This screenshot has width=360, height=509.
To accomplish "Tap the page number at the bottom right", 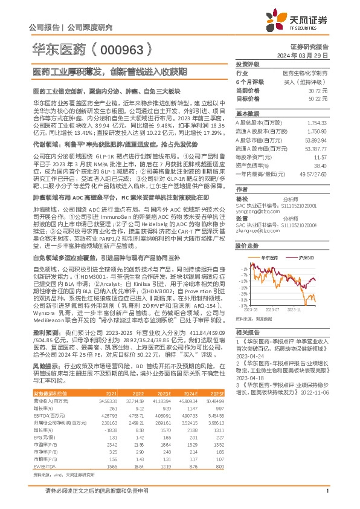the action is pos(326,499).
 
